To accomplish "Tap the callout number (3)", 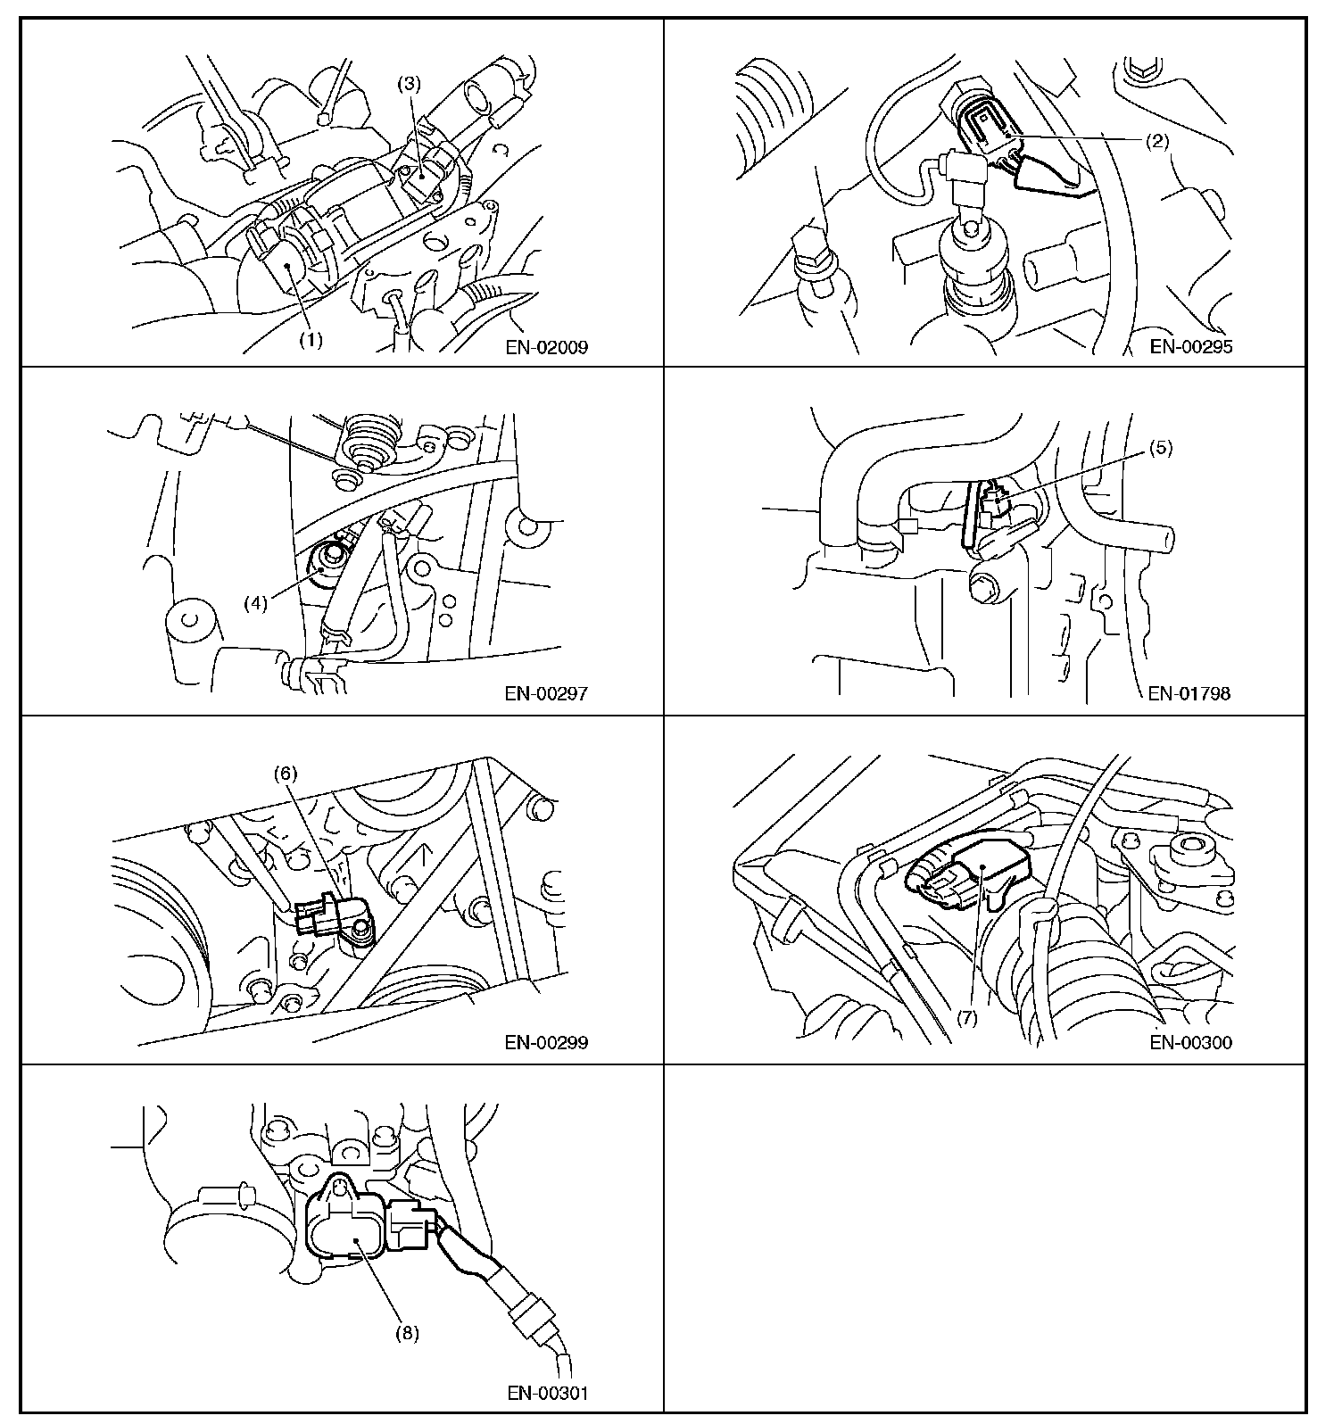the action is (x=410, y=85).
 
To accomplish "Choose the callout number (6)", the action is (x=286, y=774).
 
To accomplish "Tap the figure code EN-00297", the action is (x=547, y=693).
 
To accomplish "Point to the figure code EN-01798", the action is (x=1189, y=693).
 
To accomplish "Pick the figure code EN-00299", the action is (x=547, y=1042).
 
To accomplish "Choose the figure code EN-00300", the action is (x=1191, y=1042).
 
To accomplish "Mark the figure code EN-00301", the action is (x=547, y=1393).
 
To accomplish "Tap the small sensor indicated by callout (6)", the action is (x=336, y=919).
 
